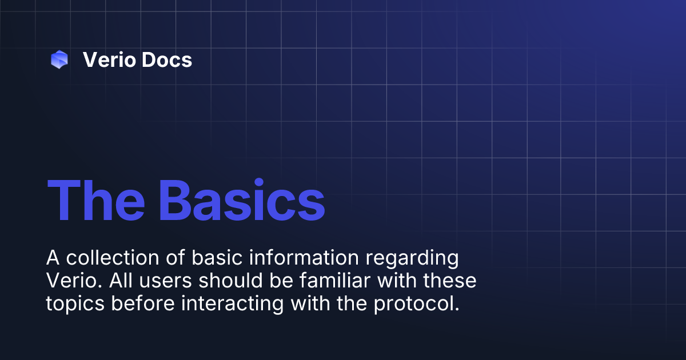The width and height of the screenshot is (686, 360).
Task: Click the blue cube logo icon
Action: coord(59,59)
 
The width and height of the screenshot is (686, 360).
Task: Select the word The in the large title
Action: coord(95,201)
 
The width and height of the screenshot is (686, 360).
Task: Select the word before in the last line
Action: coord(143,304)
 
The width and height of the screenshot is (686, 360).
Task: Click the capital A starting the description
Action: coord(53,258)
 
